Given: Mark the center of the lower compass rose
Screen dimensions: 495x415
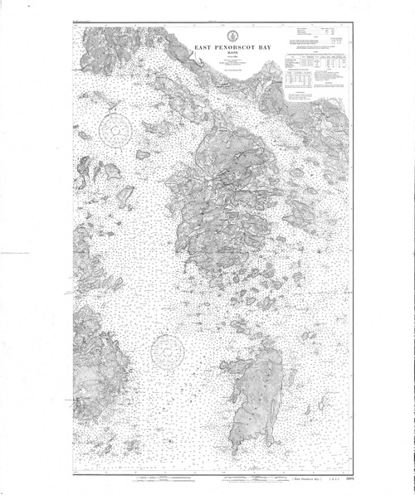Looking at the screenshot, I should point(167,351).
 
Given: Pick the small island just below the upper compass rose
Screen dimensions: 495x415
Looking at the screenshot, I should point(143,154).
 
